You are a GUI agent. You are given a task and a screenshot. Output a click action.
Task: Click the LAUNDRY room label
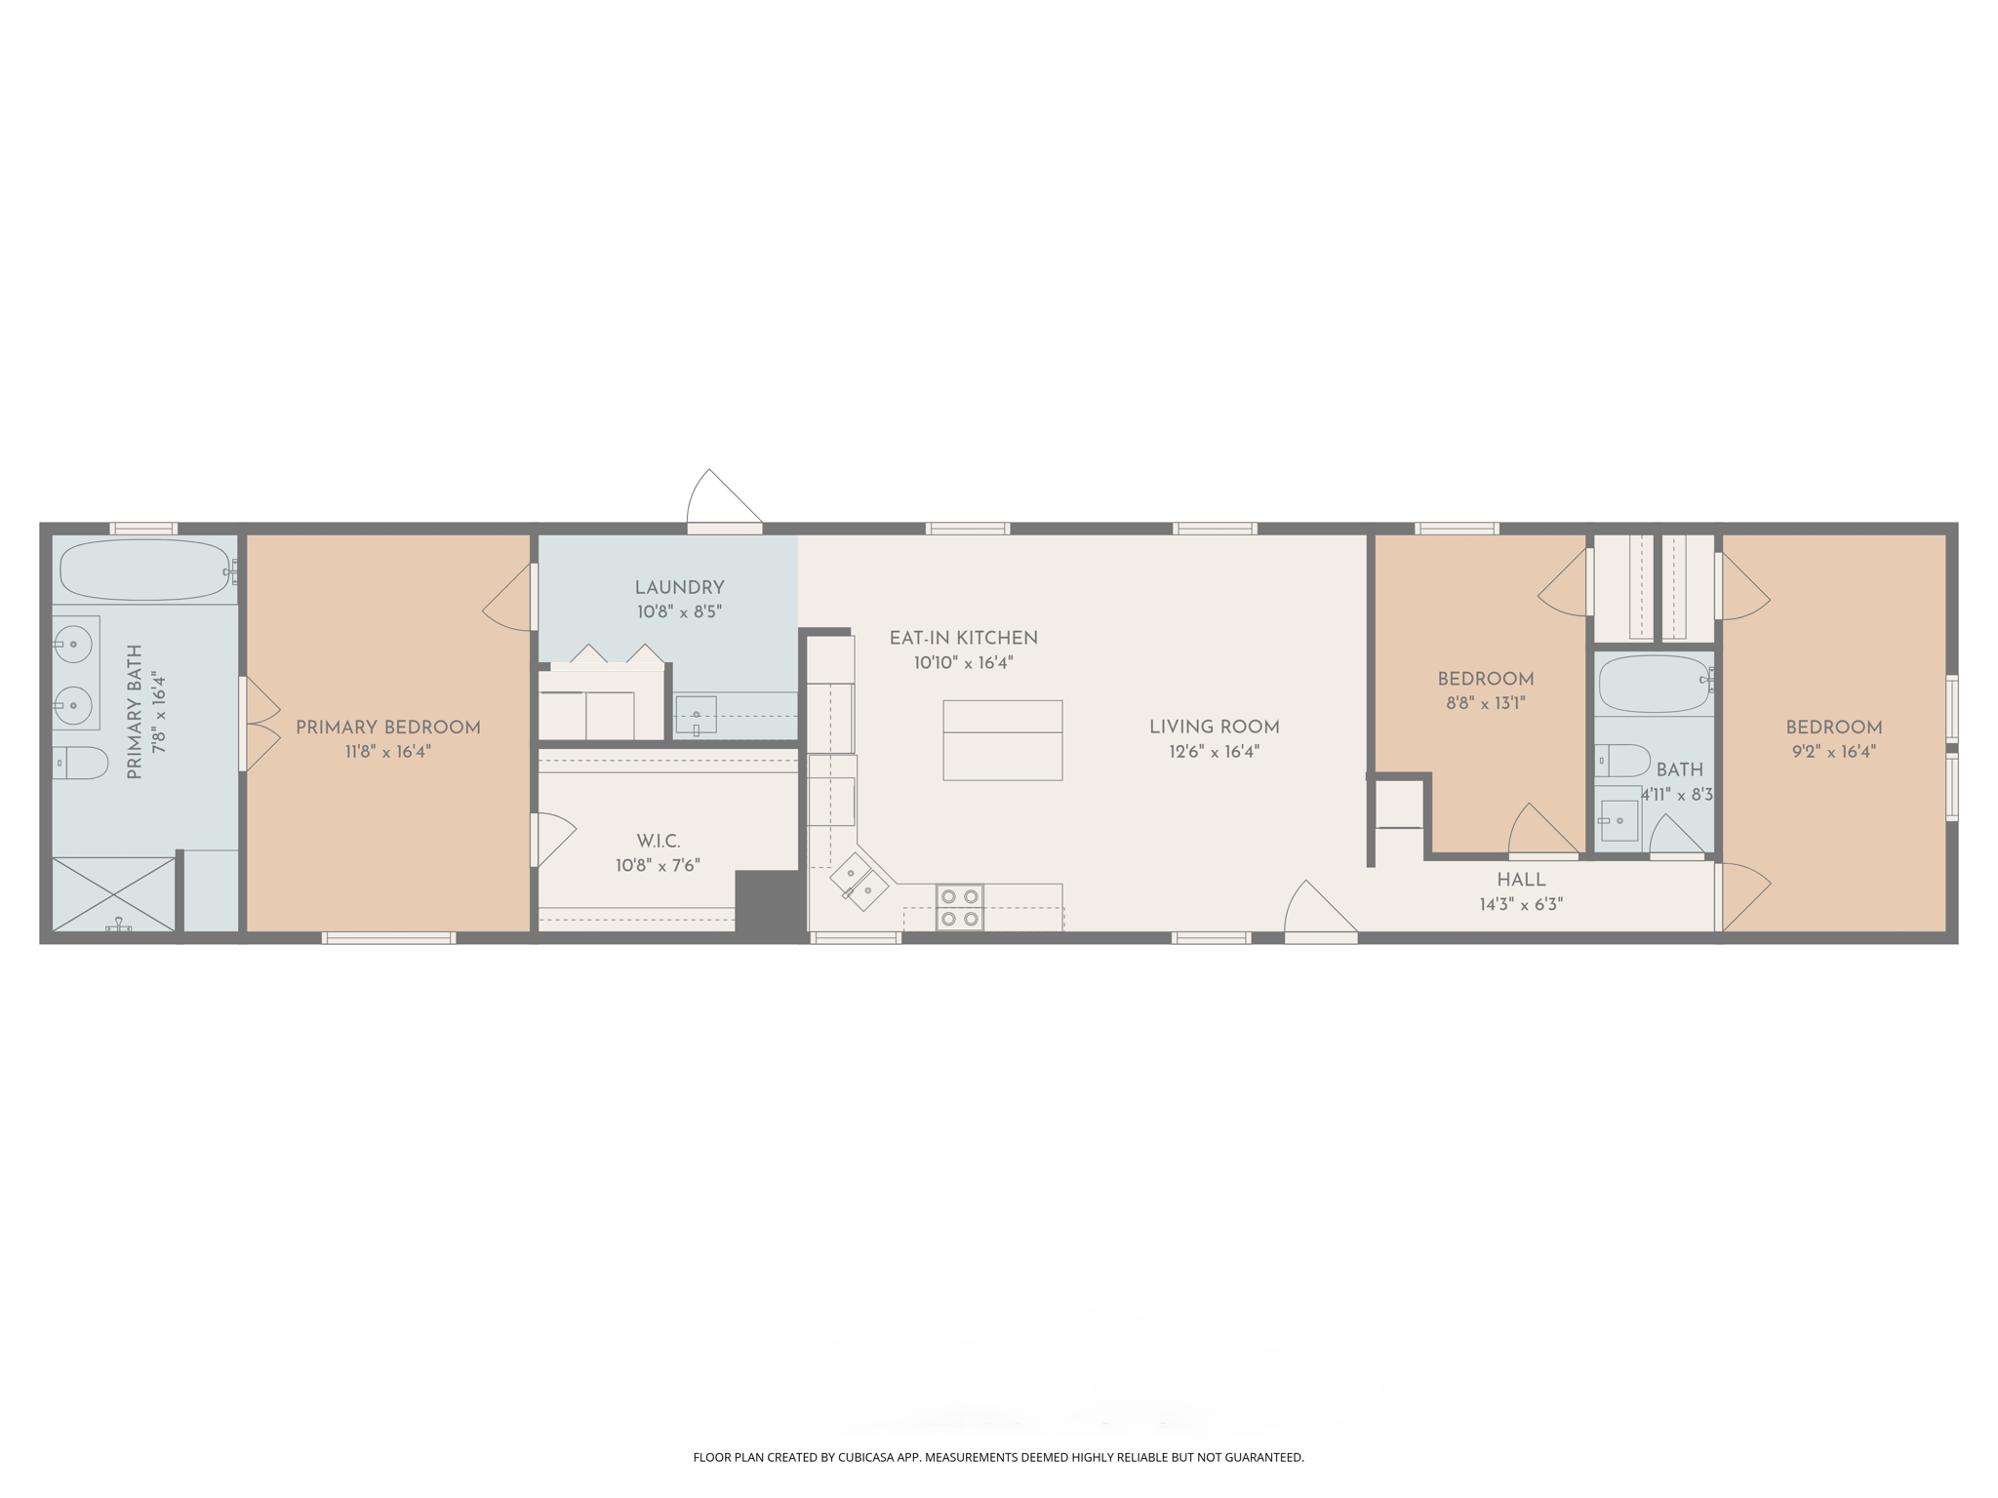[679, 587]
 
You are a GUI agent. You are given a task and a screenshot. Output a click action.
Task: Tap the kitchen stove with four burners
[959, 907]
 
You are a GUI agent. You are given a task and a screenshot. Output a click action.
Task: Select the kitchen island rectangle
[1002, 739]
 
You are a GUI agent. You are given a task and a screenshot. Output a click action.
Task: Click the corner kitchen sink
[859, 882]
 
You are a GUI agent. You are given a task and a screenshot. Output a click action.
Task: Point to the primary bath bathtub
[144, 570]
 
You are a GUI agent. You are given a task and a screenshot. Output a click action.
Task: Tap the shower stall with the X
[113, 893]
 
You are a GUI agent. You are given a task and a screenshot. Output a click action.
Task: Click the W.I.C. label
[659, 841]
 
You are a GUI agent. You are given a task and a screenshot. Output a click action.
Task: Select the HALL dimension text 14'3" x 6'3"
[1521, 904]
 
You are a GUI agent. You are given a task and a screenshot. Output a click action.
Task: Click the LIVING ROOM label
[1214, 727]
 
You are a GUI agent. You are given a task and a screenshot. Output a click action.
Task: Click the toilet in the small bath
[1622, 760]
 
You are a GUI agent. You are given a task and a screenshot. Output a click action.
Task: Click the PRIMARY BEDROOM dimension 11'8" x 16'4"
[387, 752]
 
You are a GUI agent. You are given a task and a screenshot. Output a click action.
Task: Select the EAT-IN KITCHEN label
[963, 638]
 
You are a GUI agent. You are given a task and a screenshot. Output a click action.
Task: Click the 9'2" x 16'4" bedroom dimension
[1833, 752]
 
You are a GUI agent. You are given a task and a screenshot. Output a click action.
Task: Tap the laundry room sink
[696, 715]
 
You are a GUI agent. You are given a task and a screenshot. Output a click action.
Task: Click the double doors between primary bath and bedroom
[260, 724]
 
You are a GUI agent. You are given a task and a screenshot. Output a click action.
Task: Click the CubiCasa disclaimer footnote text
[998, 1457]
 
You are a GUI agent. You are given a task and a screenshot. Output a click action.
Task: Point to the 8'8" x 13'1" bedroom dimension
[1485, 703]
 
